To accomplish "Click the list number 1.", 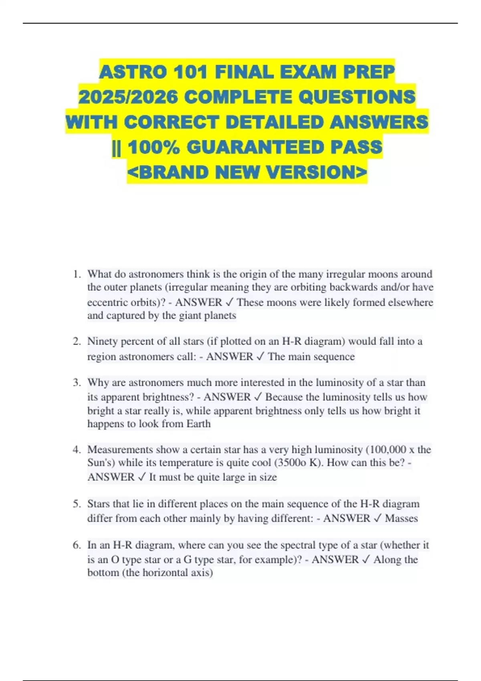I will (77, 274).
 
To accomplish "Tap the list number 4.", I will (77, 450).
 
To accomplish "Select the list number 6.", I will (77, 545).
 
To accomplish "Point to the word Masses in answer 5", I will (401, 518).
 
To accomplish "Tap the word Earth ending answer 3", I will (198, 424).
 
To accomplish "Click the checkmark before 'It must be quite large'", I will (141, 477).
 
